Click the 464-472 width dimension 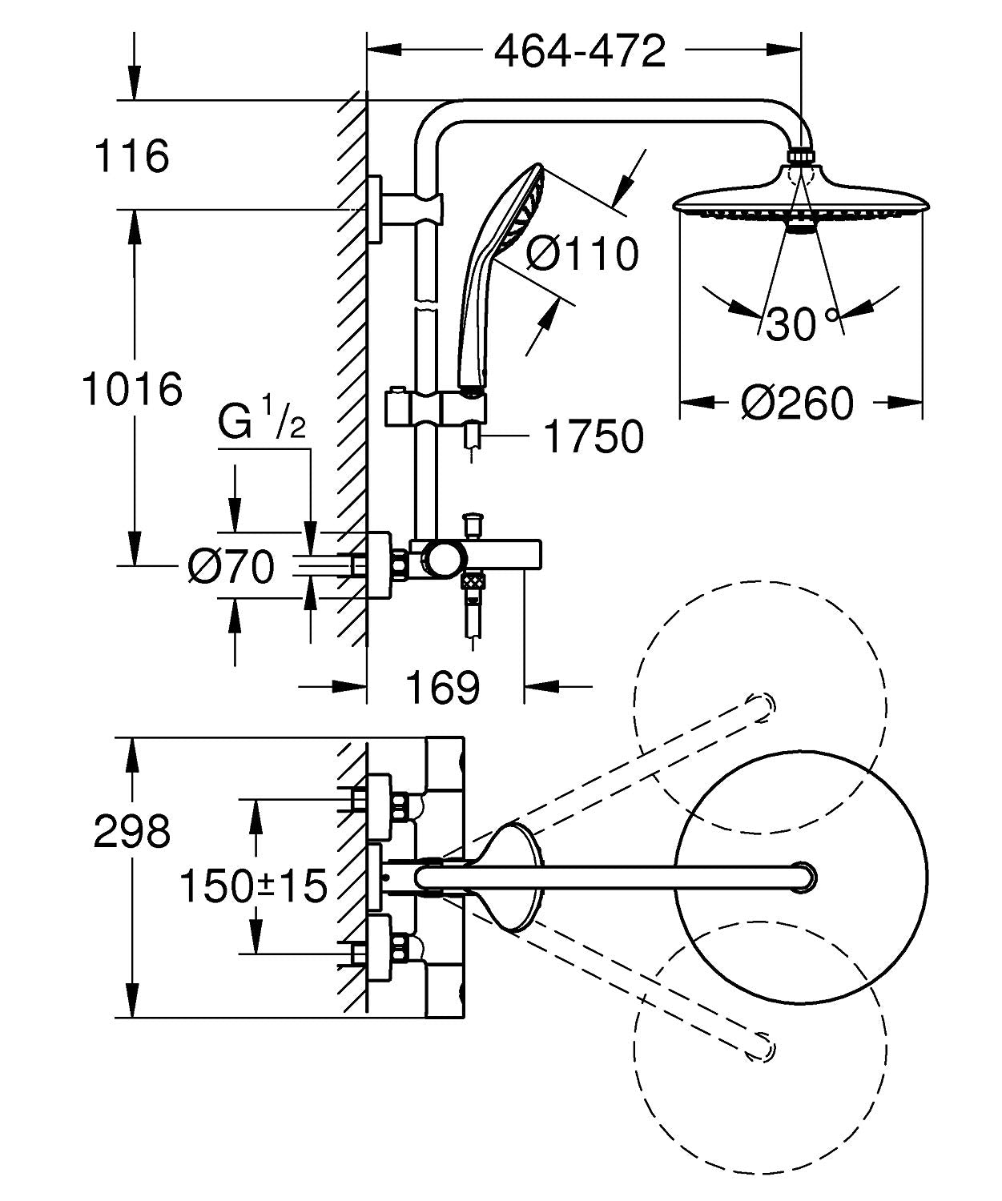pyautogui.click(x=580, y=52)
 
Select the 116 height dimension pyautogui.click(x=132, y=155)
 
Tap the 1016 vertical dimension pyautogui.click(x=132, y=390)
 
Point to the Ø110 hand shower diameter pyautogui.click(x=583, y=254)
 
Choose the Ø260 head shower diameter pyautogui.click(x=798, y=402)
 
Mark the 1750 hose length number pyautogui.click(x=594, y=436)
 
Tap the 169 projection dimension pyautogui.click(x=443, y=687)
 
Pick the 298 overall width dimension pyautogui.click(x=132, y=832)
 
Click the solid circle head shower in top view pyautogui.click(x=801, y=876)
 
